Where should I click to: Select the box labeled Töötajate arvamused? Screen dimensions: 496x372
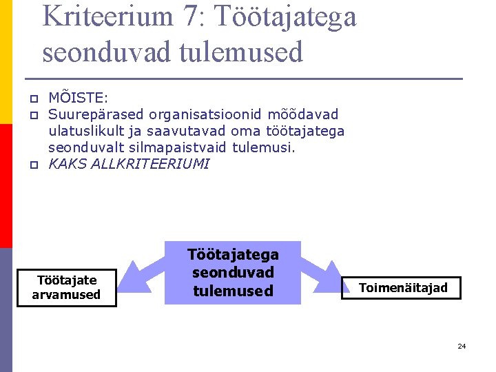point(67,287)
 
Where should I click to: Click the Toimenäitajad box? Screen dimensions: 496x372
point(403,288)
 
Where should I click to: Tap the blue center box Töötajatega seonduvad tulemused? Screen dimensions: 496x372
point(233,273)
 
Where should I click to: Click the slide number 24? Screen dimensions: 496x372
point(462,346)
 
